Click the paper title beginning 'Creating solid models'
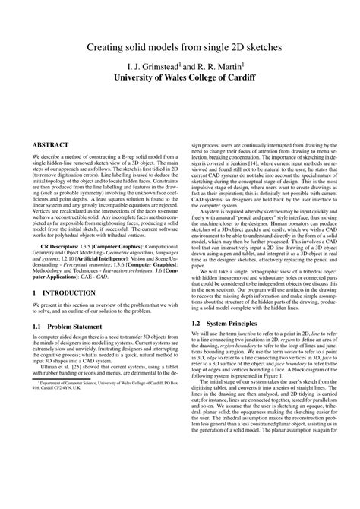(x=179, y=48)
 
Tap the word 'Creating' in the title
(x=110, y=48)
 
